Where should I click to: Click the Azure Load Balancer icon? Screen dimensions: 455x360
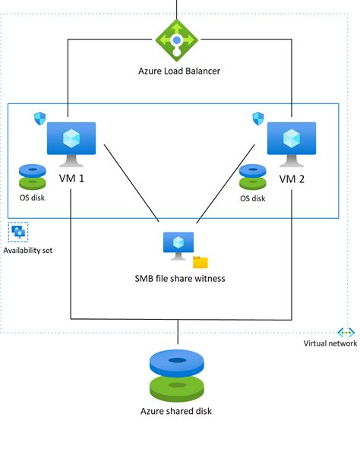coord(177,39)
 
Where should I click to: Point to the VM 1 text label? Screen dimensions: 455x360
coord(71,179)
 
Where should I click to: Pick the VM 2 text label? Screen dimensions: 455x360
coord(291,179)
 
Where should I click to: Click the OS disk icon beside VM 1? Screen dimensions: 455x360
coord(33,176)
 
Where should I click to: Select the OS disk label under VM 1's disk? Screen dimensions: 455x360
coord(33,198)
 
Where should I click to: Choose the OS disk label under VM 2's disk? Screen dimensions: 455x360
coord(253,198)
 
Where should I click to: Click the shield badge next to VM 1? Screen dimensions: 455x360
coord(39,118)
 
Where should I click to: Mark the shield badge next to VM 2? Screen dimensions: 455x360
coord(258,118)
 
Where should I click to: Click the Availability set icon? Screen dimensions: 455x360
coord(19,232)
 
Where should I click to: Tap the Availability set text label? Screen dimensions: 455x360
coord(28,250)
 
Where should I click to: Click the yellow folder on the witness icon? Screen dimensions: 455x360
coord(201,262)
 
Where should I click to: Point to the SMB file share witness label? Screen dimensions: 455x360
coord(179,279)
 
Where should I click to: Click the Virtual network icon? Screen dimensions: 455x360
coord(346,333)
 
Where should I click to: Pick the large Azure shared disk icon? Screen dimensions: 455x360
coord(178,374)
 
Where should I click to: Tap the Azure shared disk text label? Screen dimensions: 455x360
coord(176,411)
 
